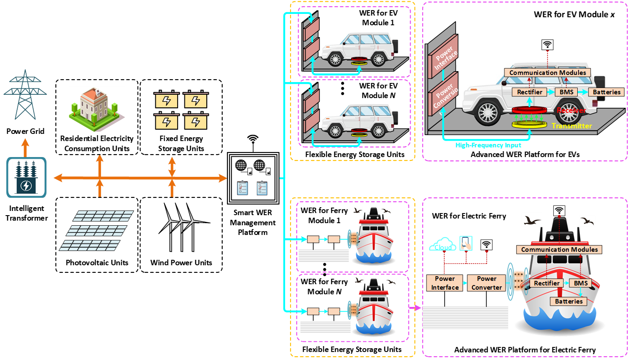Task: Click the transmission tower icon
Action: tap(25, 95)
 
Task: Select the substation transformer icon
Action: tap(26, 177)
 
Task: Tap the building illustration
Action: tap(97, 109)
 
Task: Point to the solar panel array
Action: tap(96, 230)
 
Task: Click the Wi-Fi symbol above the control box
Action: tap(253, 138)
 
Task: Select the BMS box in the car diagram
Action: tap(566, 92)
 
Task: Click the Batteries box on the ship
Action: tap(569, 301)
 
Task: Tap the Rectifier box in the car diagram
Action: tap(530, 92)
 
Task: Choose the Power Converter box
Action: tap(487, 283)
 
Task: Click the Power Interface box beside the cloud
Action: tap(445, 283)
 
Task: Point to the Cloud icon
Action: tap(442, 245)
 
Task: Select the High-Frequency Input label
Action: tap(488, 145)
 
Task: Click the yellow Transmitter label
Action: tap(571, 126)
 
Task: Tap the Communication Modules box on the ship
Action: tap(559, 250)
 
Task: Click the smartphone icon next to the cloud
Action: tap(466, 243)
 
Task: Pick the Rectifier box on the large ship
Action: tap(546, 283)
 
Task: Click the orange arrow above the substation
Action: tap(25, 147)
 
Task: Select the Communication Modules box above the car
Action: tap(547, 73)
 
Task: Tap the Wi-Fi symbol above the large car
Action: tap(547, 45)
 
